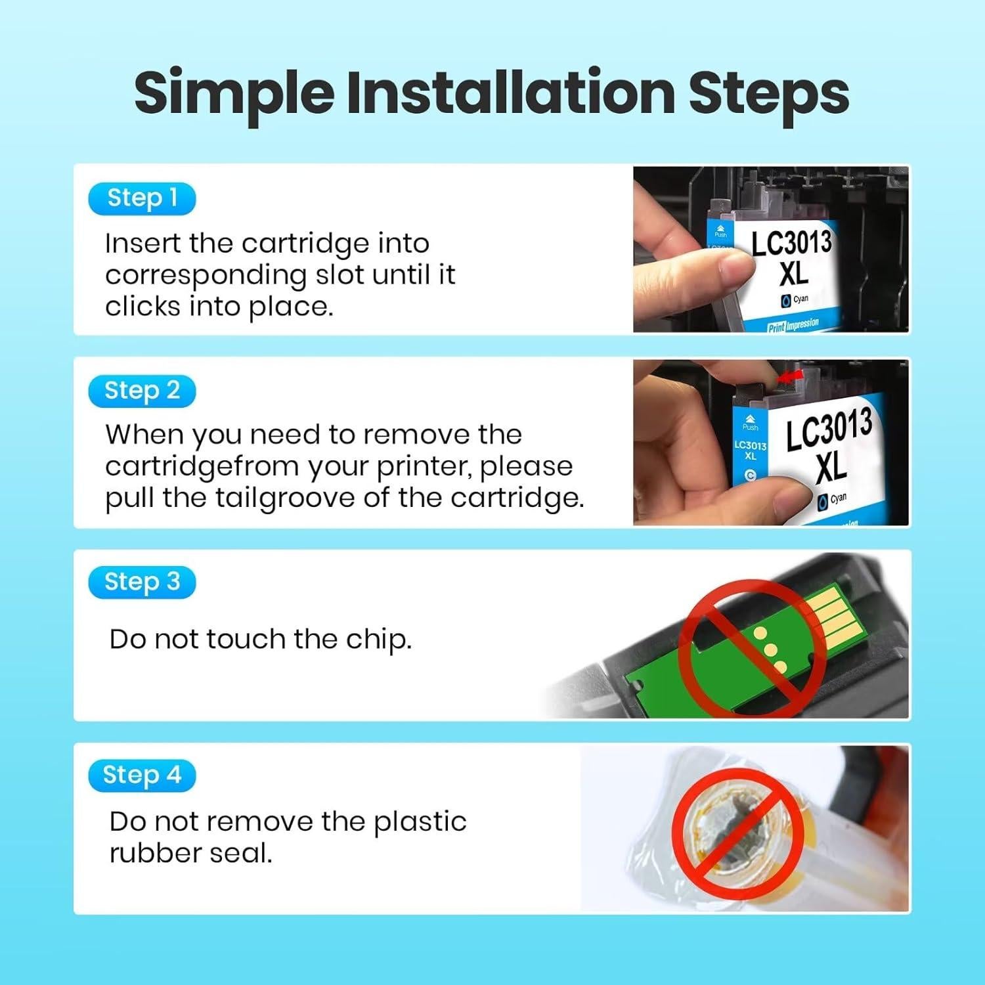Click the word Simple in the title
pos(234,93)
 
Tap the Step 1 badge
pos(142,198)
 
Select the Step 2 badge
pos(142,391)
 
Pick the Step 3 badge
pos(142,582)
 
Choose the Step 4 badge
pos(142,775)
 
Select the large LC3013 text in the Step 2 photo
pos(829,430)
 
